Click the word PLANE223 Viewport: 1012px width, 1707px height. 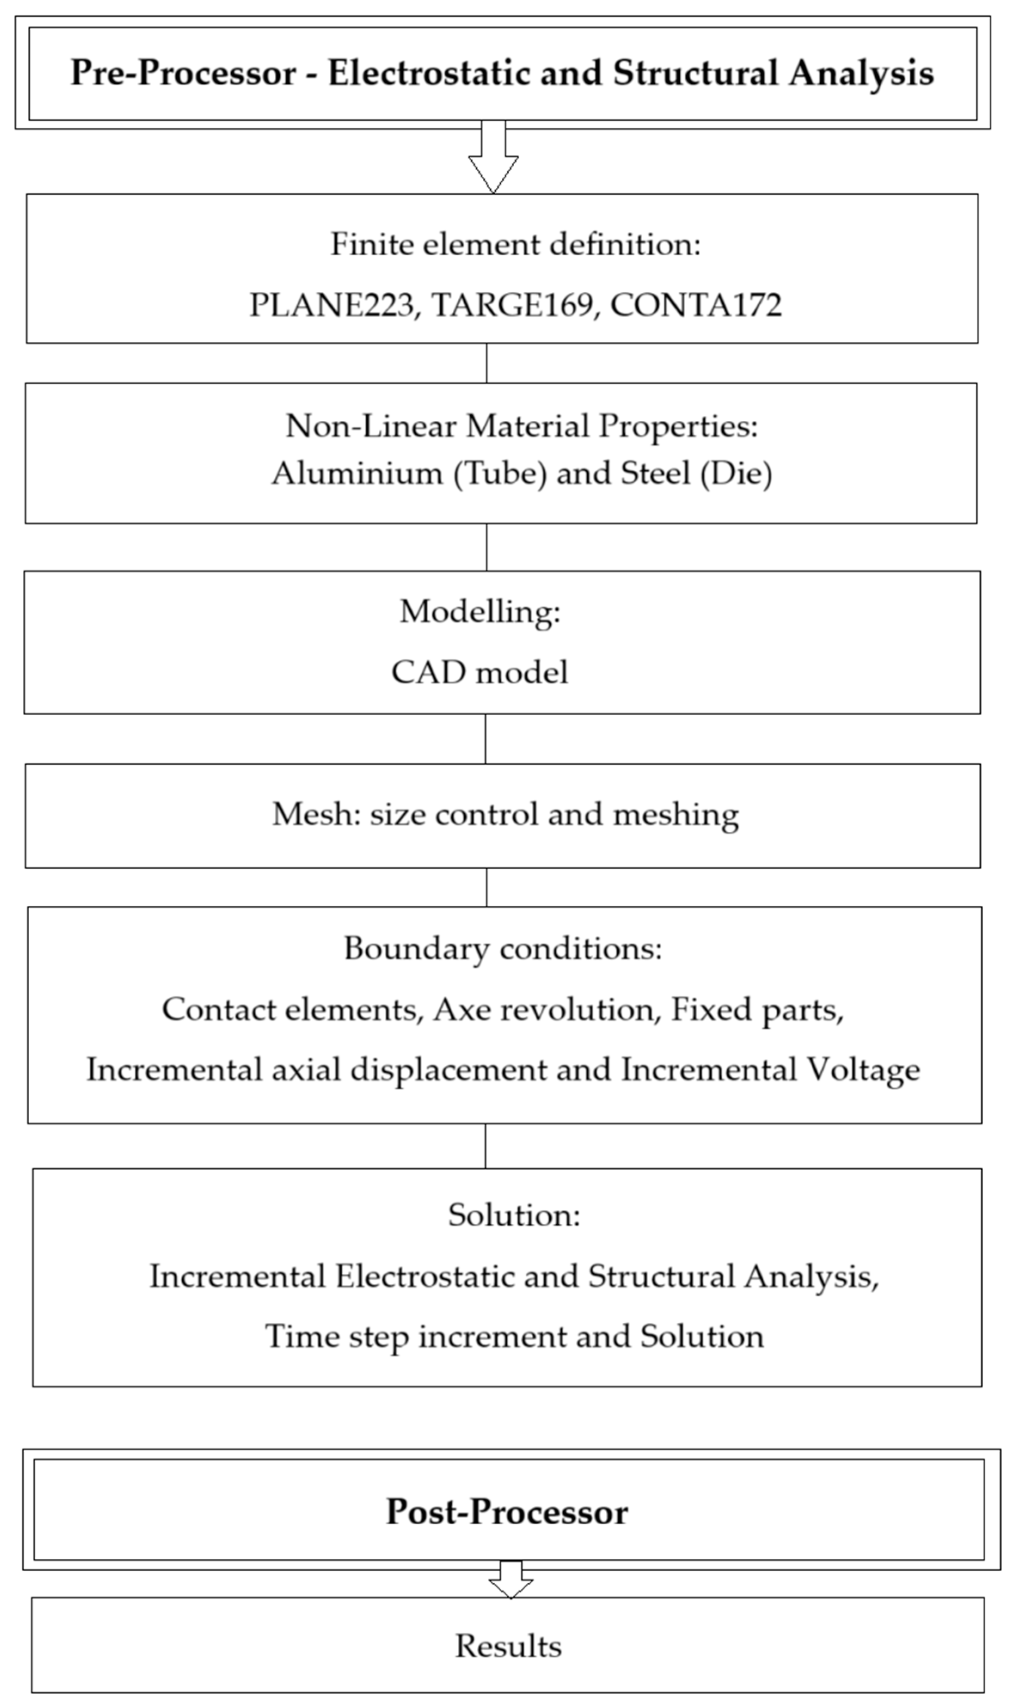tap(331, 305)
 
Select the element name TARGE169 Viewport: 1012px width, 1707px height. tap(512, 305)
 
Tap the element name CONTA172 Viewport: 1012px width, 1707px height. tap(696, 305)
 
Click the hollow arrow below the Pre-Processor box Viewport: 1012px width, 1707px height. tap(493, 160)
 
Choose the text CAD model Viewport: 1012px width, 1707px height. tap(479, 672)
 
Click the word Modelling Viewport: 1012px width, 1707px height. tap(479, 612)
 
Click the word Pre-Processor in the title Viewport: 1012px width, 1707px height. tap(183, 73)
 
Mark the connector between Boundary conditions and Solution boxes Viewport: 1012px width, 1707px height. tap(485, 1146)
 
